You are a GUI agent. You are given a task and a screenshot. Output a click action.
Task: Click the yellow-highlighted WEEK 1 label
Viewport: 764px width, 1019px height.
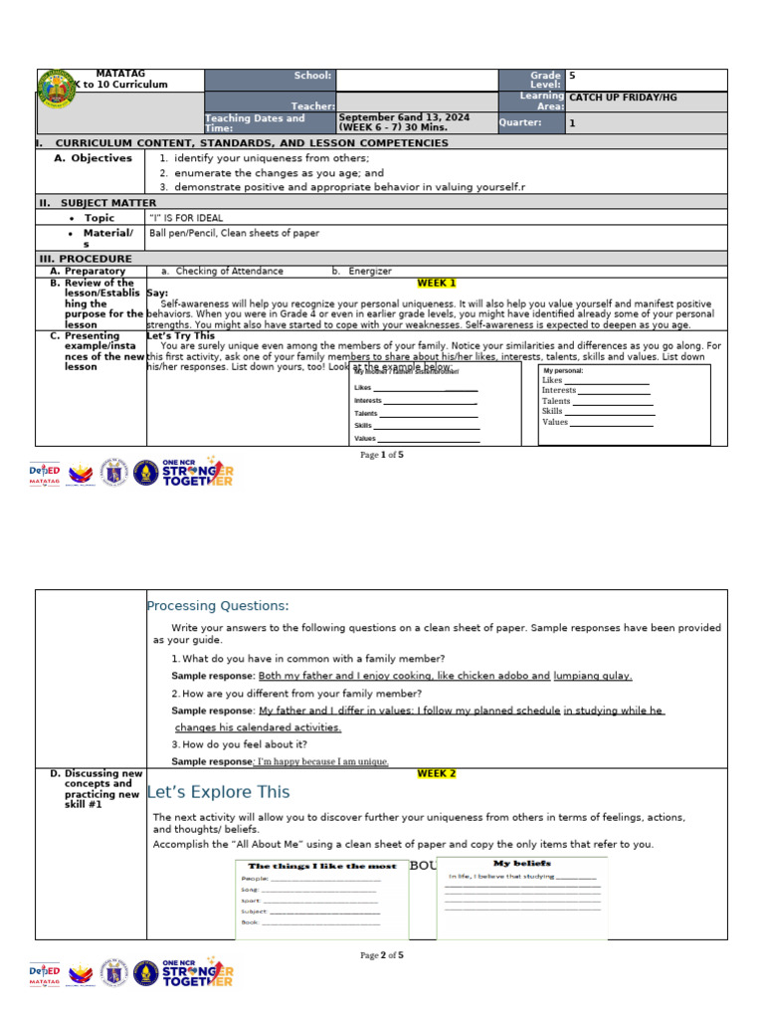(x=437, y=283)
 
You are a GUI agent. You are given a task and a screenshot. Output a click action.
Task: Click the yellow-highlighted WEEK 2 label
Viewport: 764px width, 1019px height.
(x=437, y=773)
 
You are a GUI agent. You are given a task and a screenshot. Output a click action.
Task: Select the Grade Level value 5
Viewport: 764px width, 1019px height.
(x=572, y=76)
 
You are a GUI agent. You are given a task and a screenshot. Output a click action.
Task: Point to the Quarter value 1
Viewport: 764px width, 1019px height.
(x=572, y=123)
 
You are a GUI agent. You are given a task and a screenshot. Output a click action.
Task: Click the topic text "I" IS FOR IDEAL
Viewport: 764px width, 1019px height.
(x=186, y=218)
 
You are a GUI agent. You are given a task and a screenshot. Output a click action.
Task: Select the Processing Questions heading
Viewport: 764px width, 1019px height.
(x=218, y=606)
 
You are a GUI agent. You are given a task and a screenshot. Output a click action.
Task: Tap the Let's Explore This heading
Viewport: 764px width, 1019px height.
(x=218, y=792)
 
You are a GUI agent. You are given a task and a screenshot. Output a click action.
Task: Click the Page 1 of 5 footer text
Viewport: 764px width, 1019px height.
(x=382, y=455)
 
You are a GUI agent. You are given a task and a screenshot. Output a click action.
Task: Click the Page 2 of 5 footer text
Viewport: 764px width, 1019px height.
(x=382, y=955)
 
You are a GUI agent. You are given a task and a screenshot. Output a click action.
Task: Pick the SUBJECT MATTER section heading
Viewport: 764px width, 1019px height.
(x=97, y=202)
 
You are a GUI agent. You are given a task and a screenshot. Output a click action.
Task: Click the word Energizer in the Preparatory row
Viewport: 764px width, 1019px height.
(x=370, y=271)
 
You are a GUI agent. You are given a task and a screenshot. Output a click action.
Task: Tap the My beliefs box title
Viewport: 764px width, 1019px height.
(x=522, y=863)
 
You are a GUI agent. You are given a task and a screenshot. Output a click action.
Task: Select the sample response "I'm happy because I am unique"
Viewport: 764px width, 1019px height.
(x=320, y=762)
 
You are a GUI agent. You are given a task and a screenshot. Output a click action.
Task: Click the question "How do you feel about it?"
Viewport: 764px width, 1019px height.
(x=245, y=743)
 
